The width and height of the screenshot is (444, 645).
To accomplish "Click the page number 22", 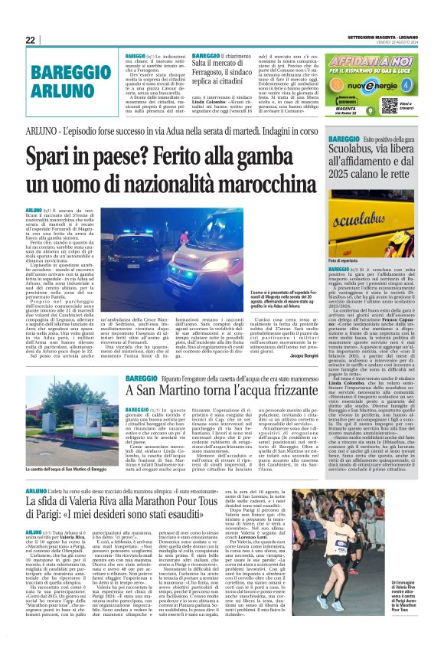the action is click(31, 40).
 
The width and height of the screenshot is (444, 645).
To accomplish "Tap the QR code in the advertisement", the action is click(389, 106).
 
